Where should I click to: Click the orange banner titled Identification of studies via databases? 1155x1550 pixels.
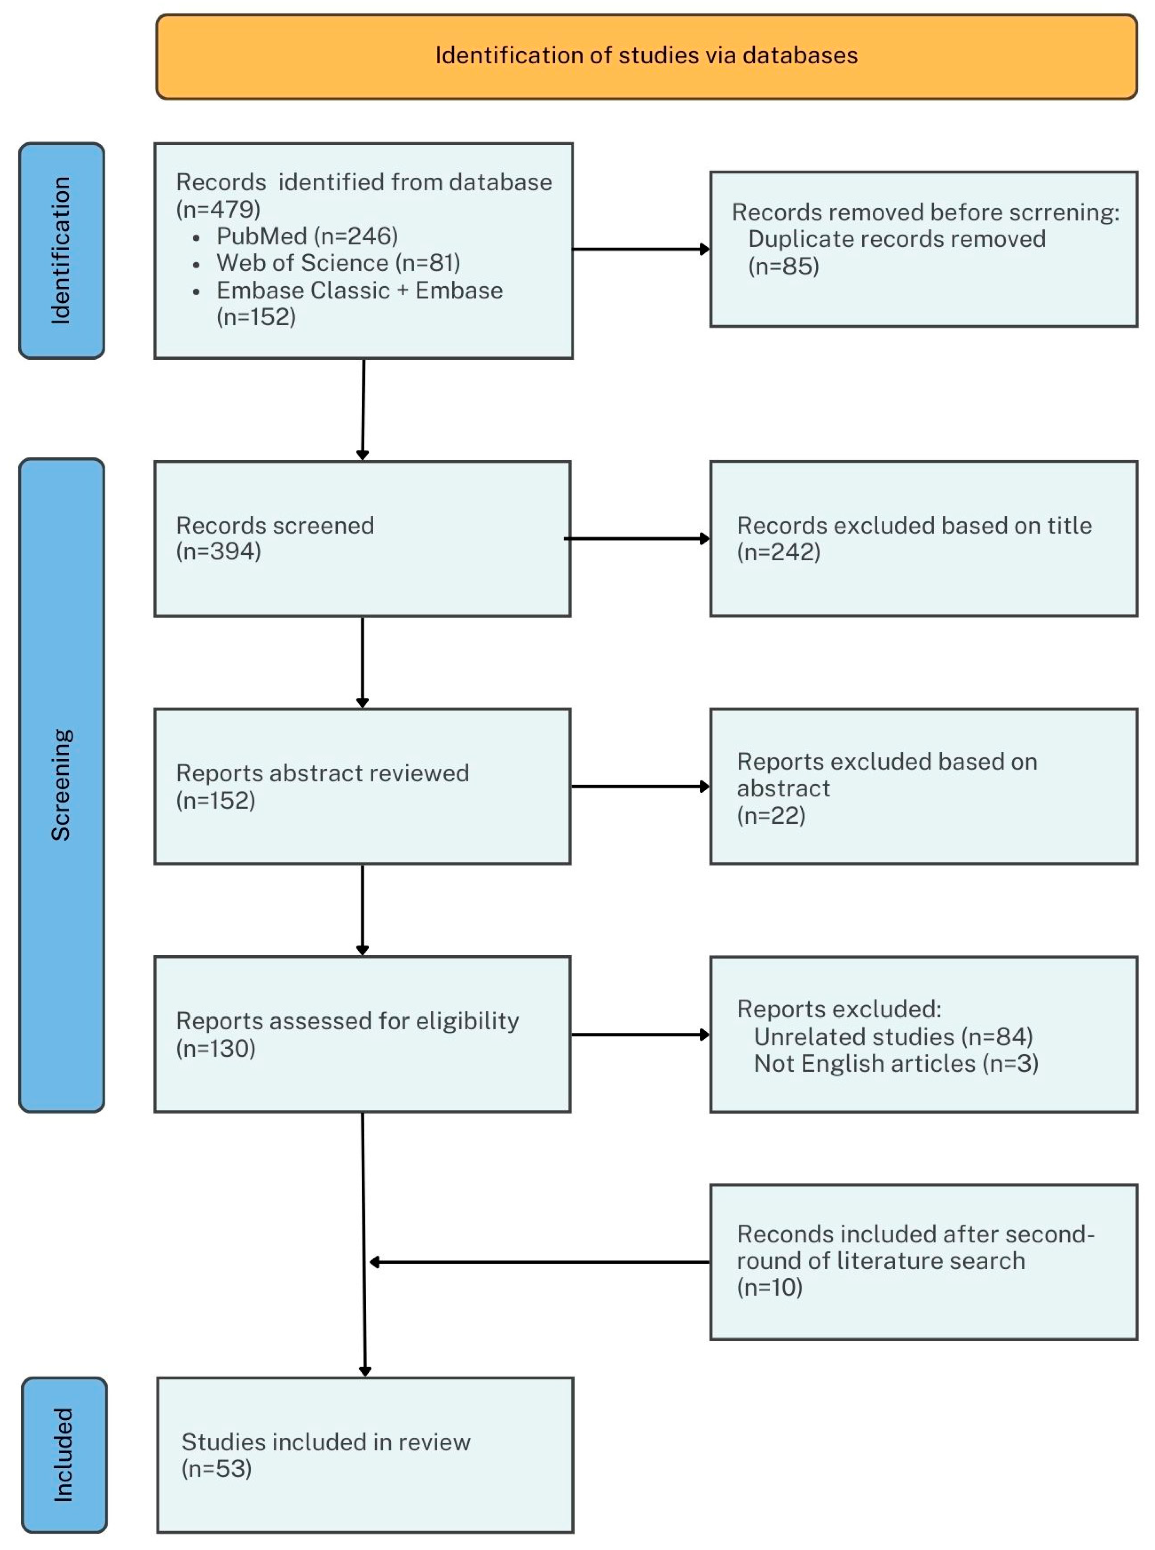click(x=646, y=56)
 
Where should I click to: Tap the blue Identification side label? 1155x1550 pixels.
click(x=61, y=250)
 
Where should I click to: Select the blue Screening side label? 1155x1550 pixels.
click(x=61, y=784)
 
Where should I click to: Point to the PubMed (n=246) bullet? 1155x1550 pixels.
click(x=307, y=236)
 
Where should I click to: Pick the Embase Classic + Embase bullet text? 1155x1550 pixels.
click(x=359, y=290)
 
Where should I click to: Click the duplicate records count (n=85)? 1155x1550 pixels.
click(x=783, y=266)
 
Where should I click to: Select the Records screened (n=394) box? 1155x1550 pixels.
click(x=362, y=538)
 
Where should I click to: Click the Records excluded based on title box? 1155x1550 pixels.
click(x=923, y=538)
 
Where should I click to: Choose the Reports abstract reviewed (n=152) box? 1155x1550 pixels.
click(x=362, y=786)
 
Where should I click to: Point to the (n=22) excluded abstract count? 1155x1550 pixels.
click(x=770, y=816)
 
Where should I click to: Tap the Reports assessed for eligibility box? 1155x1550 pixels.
click(x=362, y=1034)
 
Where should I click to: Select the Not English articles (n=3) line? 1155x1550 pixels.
click(x=896, y=1064)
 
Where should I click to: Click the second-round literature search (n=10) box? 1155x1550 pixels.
click(x=923, y=1261)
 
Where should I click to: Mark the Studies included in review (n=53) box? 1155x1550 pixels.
click(x=365, y=1455)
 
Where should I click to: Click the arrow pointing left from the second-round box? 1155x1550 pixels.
click(x=538, y=1262)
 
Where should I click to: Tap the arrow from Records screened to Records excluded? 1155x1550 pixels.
click(x=636, y=538)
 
